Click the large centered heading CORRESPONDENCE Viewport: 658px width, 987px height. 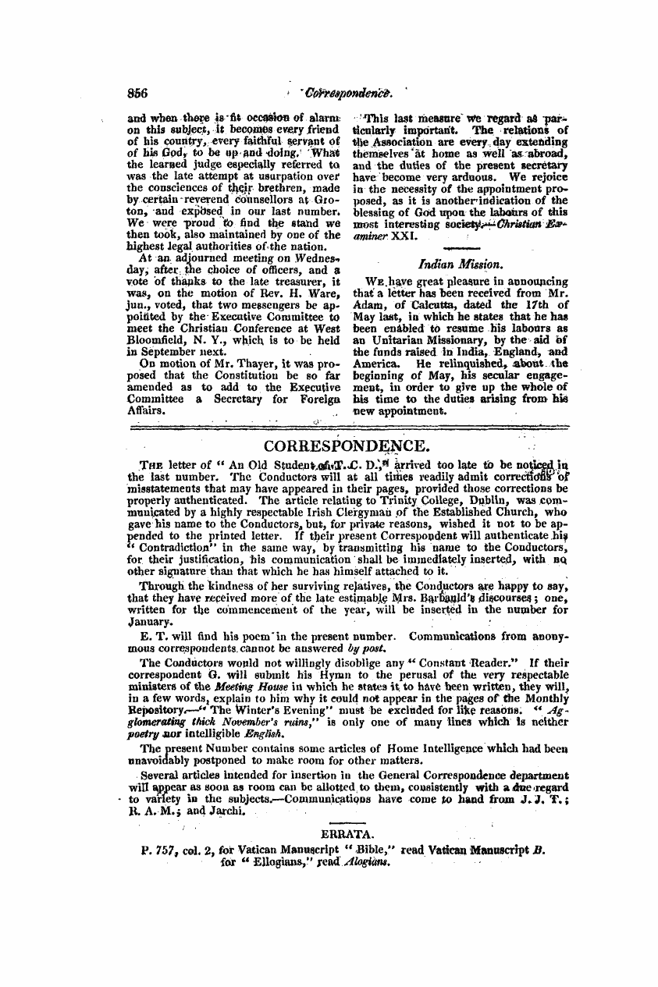347,446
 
